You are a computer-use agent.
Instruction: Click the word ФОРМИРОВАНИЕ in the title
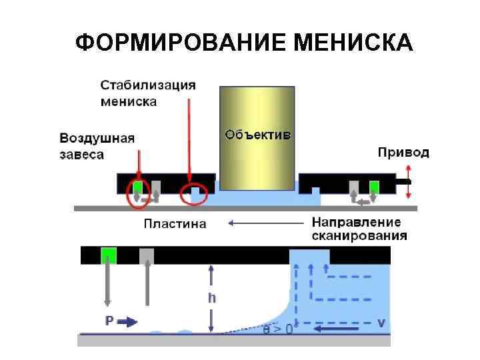(179, 43)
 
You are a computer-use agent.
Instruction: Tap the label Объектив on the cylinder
(257, 135)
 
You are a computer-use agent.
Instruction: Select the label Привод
(403, 153)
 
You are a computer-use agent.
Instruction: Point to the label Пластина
(175, 223)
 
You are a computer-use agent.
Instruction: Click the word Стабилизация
(148, 85)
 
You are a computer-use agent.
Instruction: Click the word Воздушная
(97, 139)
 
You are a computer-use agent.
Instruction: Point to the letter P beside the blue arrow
(109, 321)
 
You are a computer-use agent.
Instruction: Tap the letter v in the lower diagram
(381, 322)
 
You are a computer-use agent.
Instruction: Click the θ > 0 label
(278, 329)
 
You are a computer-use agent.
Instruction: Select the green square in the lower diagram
(108, 255)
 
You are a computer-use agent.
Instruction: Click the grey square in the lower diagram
(147, 255)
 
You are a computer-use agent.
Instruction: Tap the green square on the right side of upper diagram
(375, 186)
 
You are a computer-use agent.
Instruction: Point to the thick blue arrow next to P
(128, 322)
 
